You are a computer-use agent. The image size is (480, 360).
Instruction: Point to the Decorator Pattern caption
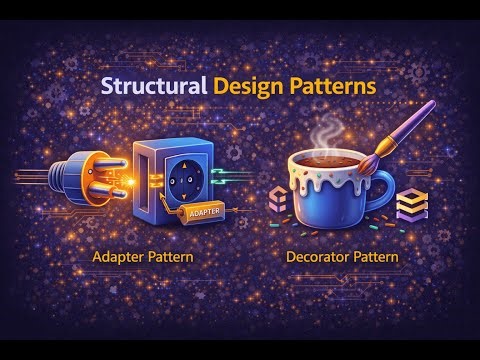pos(342,257)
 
